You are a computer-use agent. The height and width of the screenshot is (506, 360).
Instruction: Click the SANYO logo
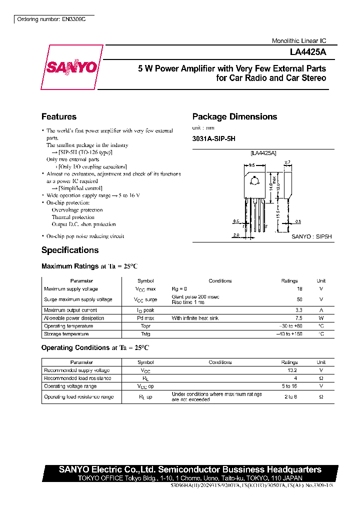pyautogui.click(x=72, y=67)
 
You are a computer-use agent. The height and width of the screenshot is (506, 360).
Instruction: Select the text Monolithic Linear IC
pyautogui.click(x=298, y=41)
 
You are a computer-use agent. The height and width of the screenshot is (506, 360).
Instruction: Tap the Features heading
pyautogui.click(x=59, y=116)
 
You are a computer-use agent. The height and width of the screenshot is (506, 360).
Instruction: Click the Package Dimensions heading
pyautogui.click(x=234, y=116)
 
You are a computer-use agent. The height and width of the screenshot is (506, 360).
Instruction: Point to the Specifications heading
pyautogui.click(x=70, y=250)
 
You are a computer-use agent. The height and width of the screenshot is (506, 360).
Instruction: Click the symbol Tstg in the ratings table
pyautogui.click(x=145, y=333)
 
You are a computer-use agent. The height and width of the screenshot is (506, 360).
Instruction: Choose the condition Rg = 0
pyautogui.click(x=179, y=289)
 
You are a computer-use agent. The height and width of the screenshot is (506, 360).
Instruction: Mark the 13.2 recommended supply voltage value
pyautogui.click(x=292, y=370)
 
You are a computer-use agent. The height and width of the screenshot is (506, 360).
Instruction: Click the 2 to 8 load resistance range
pyautogui.click(x=289, y=396)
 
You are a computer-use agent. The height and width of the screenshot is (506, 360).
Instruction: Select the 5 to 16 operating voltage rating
pyautogui.click(x=289, y=386)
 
